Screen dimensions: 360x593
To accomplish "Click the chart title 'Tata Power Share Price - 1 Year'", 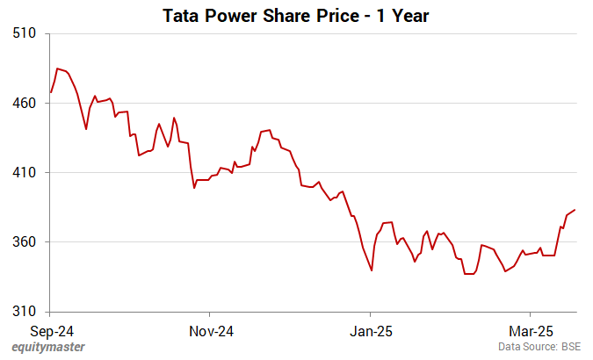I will point(296,15).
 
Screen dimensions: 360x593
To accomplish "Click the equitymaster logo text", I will point(48,348).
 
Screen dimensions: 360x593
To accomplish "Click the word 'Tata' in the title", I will point(180,15).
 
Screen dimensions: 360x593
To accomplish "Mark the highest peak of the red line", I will point(57,68).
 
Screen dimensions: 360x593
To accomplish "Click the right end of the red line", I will point(575,210).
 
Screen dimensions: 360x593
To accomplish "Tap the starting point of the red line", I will point(51,92).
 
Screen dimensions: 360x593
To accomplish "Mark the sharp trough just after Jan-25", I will point(372,270).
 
